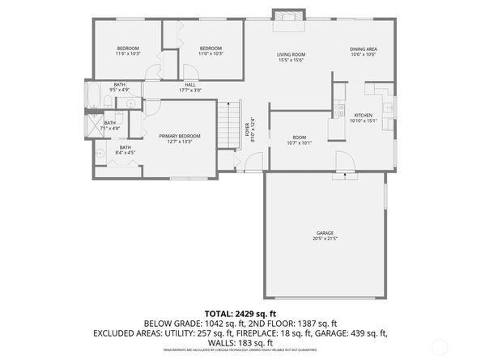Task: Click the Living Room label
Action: (x=290, y=54)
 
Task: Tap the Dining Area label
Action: (x=362, y=49)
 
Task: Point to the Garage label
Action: (x=325, y=233)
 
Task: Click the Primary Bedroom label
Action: (x=179, y=136)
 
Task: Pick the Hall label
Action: (x=189, y=84)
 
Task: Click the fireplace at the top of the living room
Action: (x=288, y=17)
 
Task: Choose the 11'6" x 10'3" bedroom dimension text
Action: (x=128, y=54)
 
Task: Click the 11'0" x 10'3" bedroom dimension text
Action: (x=211, y=54)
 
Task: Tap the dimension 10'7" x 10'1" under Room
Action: (x=300, y=143)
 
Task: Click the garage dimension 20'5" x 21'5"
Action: (x=325, y=239)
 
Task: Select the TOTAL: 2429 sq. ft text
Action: (x=240, y=313)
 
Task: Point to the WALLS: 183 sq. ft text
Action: (x=240, y=342)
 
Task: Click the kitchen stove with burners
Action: (x=341, y=109)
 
